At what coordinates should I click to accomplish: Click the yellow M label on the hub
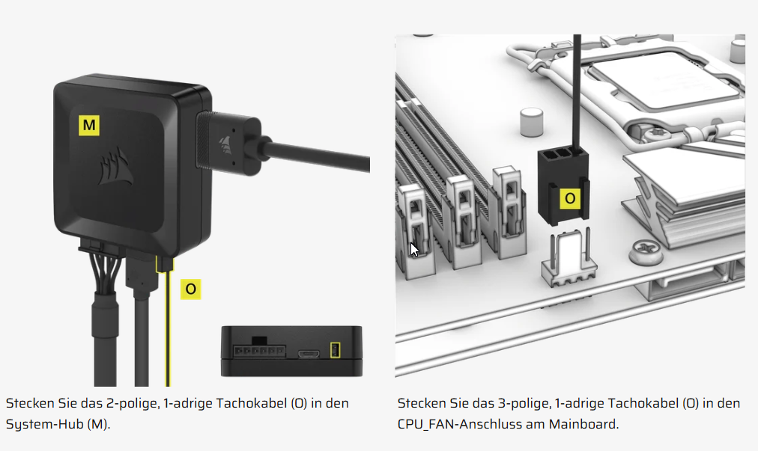click(x=89, y=125)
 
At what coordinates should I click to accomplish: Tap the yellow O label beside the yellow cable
click(x=190, y=289)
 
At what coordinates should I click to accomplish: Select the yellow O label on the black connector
click(x=570, y=198)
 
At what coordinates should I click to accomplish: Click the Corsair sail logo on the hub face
click(x=116, y=167)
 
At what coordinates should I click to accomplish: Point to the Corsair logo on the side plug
click(x=225, y=144)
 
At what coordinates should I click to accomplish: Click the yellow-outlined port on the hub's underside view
click(x=335, y=350)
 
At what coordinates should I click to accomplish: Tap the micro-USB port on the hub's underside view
click(x=309, y=354)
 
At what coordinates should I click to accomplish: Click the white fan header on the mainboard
click(x=569, y=258)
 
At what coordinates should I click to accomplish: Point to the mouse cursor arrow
click(x=413, y=250)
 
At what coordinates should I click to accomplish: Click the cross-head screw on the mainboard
click(x=646, y=252)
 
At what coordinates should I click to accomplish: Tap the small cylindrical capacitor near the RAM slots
click(x=531, y=122)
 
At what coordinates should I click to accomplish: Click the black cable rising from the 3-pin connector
click(x=577, y=92)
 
